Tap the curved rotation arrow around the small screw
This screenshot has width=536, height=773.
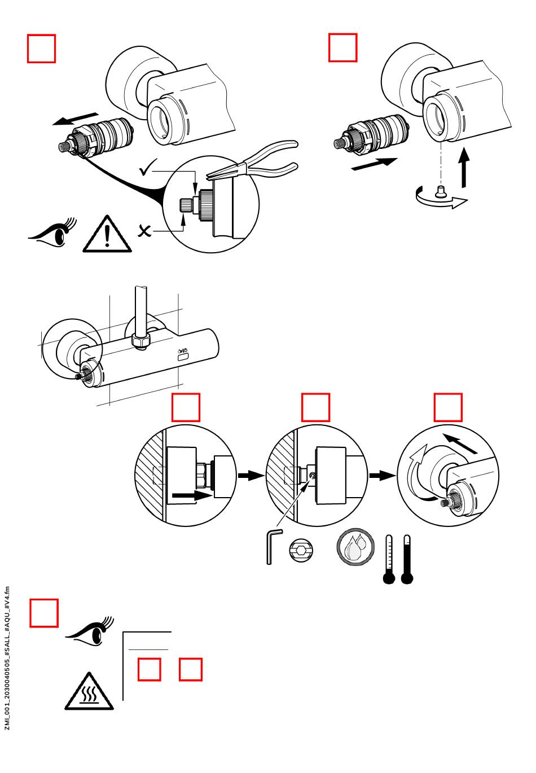441,200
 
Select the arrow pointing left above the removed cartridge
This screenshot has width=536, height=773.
68,120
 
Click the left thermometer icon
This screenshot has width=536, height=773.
389,559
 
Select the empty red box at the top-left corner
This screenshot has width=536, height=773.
42,49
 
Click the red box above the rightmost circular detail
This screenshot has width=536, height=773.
448,407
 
